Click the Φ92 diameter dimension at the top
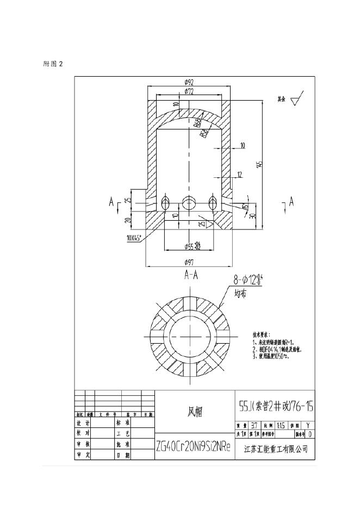(x=189, y=83)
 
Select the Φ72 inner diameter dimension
(x=189, y=91)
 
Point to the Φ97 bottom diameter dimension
(x=189, y=262)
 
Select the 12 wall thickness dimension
(x=239, y=174)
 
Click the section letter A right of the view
(x=291, y=202)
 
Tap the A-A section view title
(x=189, y=275)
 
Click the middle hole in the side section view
(x=189, y=202)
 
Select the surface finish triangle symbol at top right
(x=297, y=100)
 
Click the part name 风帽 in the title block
(x=195, y=412)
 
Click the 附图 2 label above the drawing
(x=53, y=64)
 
